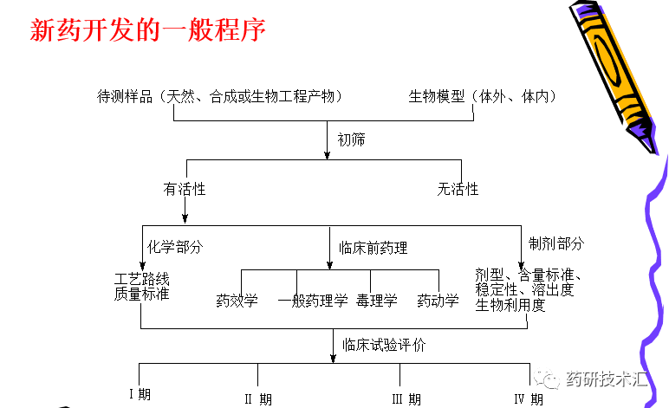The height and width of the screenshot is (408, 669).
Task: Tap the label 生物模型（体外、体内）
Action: [x=483, y=96]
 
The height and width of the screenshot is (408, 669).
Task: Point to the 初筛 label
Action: [x=351, y=139]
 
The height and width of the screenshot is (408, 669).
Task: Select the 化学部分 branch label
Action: [x=175, y=246]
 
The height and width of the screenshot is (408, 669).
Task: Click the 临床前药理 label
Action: [x=373, y=248]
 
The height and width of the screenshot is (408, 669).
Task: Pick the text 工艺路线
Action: [x=141, y=279]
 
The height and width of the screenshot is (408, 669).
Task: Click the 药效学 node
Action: [x=237, y=301]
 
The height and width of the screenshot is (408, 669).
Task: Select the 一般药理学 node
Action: [x=313, y=301]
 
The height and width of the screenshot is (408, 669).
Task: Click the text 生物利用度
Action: [x=510, y=304]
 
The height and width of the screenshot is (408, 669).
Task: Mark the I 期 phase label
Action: [x=141, y=395]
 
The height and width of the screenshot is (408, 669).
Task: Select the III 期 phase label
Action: [x=406, y=399]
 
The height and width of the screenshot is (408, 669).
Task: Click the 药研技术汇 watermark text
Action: [x=606, y=379]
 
